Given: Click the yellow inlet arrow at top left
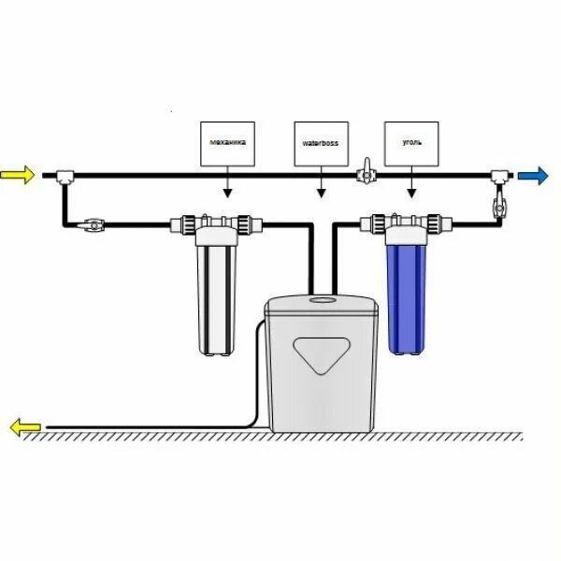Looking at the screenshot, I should click(x=19, y=175).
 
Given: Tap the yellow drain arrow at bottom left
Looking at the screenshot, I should click(x=24, y=428).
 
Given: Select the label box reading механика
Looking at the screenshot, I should click(x=227, y=144).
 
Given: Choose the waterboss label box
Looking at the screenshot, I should click(x=321, y=144).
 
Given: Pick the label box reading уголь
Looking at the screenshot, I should click(x=411, y=144).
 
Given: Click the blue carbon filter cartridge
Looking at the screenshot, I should click(x=404, y=295).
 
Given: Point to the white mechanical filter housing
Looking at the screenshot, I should click(x=217, y=295).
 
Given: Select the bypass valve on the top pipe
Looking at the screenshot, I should click(x=366, y=175).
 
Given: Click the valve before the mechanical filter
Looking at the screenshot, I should click(x=93, y=224).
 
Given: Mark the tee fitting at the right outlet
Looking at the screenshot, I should click(x=498, y=176).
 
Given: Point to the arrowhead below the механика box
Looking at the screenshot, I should click(x=227, y=194).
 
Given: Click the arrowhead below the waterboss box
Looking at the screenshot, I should click(x=321, y=194).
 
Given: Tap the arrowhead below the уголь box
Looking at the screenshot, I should click(x=411, y=194).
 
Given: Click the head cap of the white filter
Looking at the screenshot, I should click(x=217, y=225).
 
